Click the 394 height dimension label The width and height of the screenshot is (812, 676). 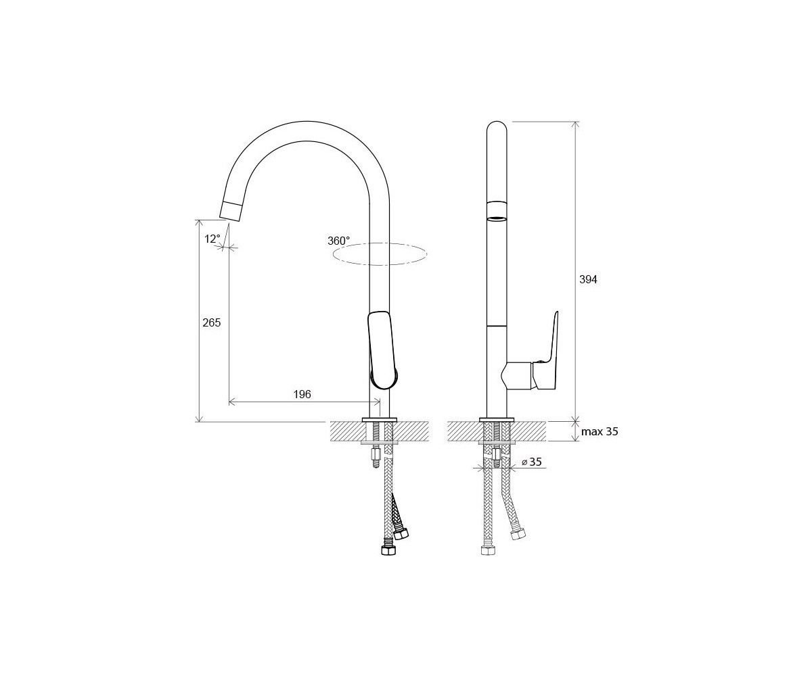588,279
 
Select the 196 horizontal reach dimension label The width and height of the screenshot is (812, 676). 302,394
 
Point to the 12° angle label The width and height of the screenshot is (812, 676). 212,239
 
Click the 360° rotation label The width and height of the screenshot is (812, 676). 338,241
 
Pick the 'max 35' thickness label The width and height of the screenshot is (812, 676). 600,432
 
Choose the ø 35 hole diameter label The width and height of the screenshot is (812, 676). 532,462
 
